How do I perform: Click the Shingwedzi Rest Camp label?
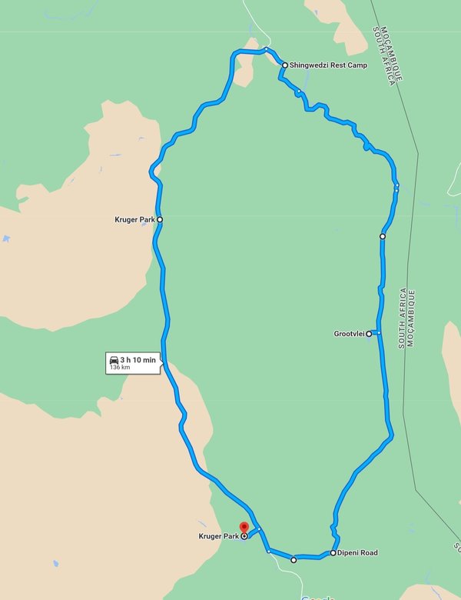(x=329, y=65)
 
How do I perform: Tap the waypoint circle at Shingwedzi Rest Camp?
(x=285, y=65)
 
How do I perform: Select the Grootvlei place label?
(x=349, y=334)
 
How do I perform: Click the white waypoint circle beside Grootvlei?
(x=369, y=334)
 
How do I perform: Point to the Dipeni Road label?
(x=358, y=553)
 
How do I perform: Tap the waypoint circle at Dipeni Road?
(x=333, y=553)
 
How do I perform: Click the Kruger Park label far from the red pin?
(x=135, y=220)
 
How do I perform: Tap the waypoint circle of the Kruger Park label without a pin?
(x=160, y=219)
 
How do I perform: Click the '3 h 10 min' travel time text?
(x=138, y=359)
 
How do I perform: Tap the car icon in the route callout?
(x=114, y=359)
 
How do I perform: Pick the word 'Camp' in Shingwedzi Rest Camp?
(x=355, y=65)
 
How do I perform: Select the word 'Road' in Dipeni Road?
(x=368, y=553)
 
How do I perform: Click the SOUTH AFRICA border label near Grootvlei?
(x=402, y=319)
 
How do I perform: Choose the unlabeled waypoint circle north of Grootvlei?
(x=382, y=237)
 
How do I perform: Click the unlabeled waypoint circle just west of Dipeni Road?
(x=294, y=560)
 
